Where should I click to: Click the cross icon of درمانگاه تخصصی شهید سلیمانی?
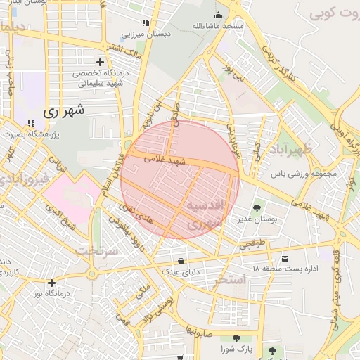101,62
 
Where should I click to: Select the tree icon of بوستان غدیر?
257,207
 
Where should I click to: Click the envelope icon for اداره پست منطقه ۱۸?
285,258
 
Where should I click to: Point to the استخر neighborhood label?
229,280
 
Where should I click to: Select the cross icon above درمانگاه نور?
51,283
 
